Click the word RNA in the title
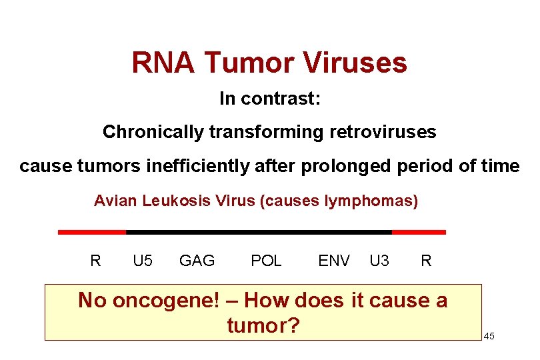point(163,63)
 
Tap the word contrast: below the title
point(281,99)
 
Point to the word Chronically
point(153,132)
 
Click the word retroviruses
point(383,132)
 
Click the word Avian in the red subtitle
point(116,201)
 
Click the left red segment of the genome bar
point(92,232)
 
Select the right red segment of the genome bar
point(419,232)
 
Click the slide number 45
point(489,336)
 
